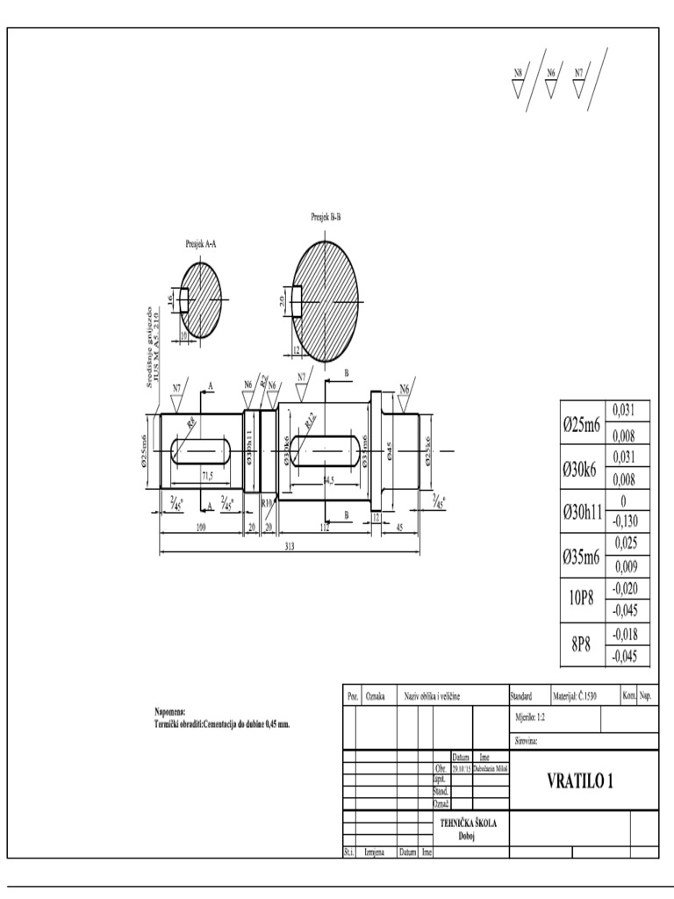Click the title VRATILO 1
point(580,781)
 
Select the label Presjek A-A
point(201,245)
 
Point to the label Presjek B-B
point(325,216)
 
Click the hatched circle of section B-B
point(326,301)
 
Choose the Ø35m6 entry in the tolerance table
point(580,556)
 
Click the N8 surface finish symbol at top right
point(518,74)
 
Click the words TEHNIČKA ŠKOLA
point(469,823)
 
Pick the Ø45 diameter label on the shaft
point(391,451)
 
